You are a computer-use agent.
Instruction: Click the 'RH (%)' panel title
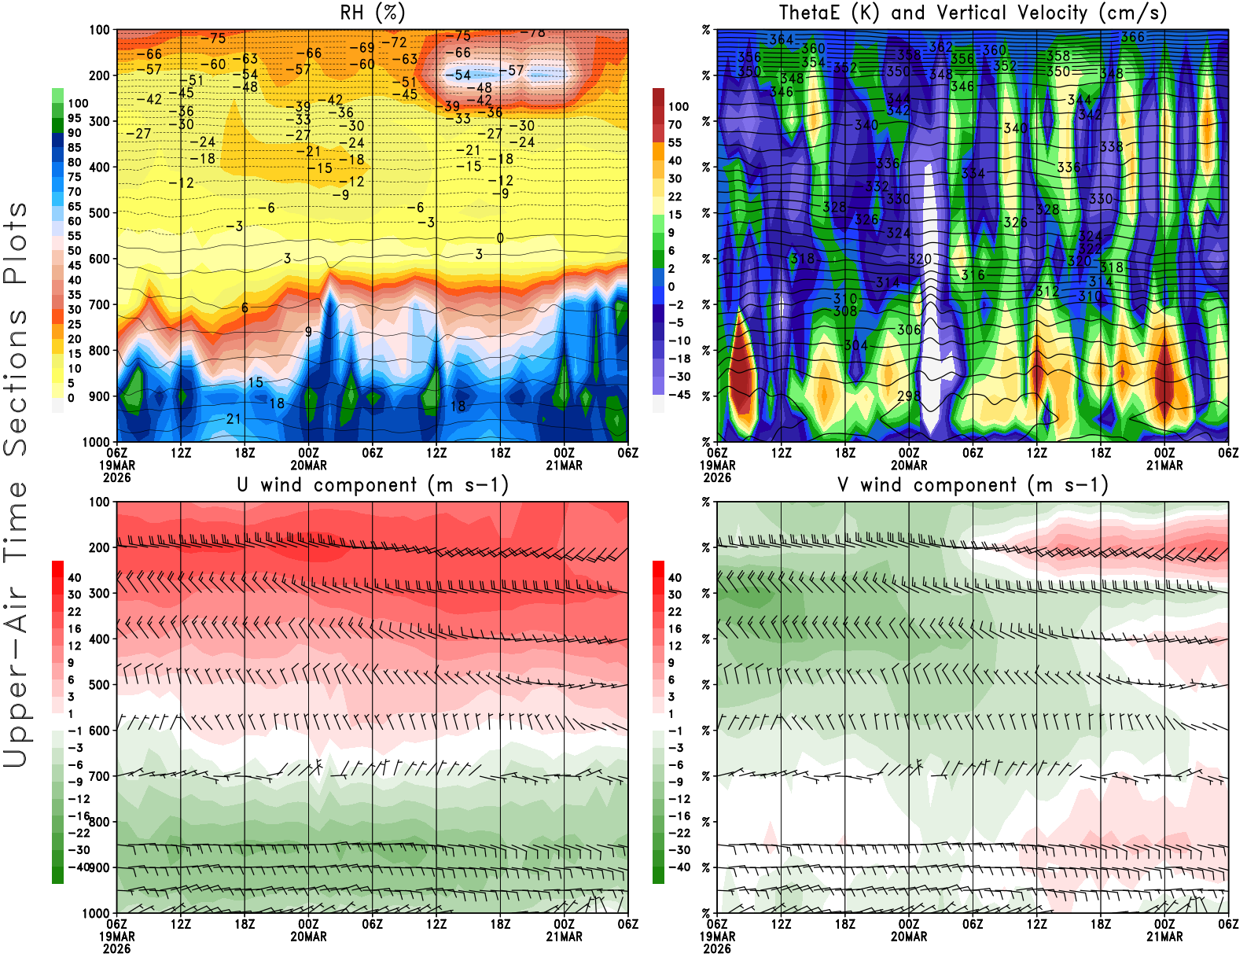click(x=372, y=13)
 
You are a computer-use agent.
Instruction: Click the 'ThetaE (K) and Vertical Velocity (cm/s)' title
click(x=973, y=13)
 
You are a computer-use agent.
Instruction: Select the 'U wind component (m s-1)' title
click(x=372, y=484)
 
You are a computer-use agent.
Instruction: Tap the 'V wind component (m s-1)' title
click(x=973, y=484)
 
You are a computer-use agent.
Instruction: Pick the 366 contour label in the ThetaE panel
click(x=1132, y=37)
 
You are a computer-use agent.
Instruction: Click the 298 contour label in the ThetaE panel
click(x=908, y=396)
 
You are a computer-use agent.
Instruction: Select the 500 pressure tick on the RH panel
click(x=99, y=213)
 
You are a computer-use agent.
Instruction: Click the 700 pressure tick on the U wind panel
click(x=99, y=776)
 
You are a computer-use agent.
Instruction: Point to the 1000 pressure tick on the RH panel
click(x=96, y=442)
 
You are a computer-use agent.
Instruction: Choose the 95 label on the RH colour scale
click(x=74, y=119)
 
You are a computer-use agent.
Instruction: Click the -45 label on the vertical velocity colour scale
click(x=679, y=395)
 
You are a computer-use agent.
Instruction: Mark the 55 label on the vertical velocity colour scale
click(x=675, y=142)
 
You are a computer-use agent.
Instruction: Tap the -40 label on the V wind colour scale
click(x=679, y=867)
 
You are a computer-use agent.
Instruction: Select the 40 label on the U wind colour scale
click(x=74, y=578)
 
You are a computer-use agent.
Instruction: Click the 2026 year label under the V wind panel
click(x=717, y=948)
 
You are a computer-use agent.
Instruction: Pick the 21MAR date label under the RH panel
click(x=564, y=466)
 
